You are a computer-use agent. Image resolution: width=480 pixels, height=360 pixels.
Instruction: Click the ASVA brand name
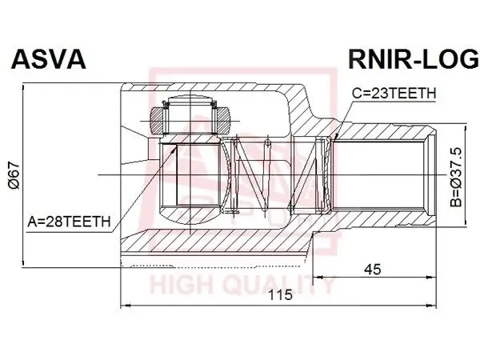48,59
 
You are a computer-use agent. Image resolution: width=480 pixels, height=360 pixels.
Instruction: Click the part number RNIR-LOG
414,59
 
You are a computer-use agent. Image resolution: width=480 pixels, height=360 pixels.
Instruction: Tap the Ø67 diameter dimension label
14,175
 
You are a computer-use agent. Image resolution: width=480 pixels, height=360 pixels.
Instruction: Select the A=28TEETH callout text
69,222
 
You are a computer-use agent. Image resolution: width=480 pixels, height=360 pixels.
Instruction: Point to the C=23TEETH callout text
394,93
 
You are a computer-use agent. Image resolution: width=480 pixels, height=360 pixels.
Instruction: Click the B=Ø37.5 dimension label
456,178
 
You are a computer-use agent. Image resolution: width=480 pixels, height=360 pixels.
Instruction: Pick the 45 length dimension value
373,270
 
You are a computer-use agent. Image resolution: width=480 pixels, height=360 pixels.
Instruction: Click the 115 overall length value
281,294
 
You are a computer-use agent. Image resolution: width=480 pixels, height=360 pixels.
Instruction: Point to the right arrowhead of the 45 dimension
431,278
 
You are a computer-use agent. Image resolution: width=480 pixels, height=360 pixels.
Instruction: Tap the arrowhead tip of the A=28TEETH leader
176,146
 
